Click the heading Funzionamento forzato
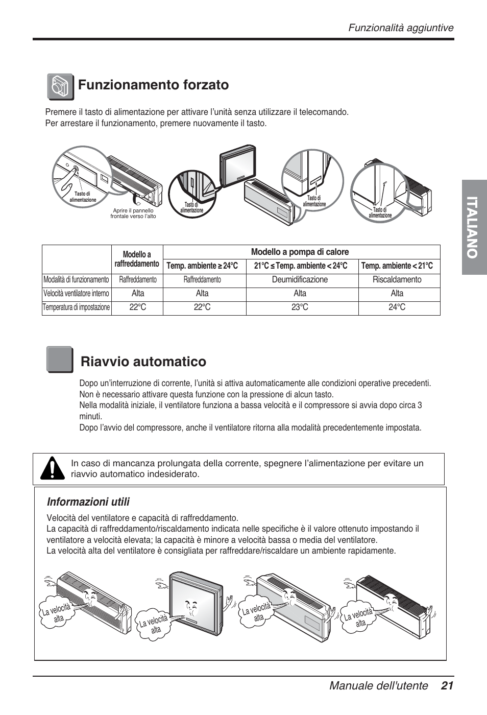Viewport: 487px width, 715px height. coord(153,85)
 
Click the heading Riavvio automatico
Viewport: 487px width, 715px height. coord(143,362)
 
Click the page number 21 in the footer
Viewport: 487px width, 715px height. coord(448,686)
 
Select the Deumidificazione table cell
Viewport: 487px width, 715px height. coord(300,280)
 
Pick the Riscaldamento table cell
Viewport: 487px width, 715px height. coord(397,280)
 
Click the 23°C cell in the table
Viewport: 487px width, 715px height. coord(300,307)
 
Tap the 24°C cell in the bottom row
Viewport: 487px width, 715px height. coord(397,307)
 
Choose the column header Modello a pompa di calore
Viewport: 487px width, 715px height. coord(300,252)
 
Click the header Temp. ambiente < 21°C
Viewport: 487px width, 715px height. coord(397,266)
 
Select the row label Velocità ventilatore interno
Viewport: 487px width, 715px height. coord(76,294)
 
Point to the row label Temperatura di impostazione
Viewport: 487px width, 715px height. coord(76,307)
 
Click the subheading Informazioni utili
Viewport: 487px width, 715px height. coord(88,501)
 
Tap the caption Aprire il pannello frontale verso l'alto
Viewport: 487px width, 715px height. coord(133,213)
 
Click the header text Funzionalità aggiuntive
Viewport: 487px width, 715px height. coord(401,28)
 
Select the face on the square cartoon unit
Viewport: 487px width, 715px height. coord(191,607)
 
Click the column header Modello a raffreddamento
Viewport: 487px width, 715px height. coord(137,259)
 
